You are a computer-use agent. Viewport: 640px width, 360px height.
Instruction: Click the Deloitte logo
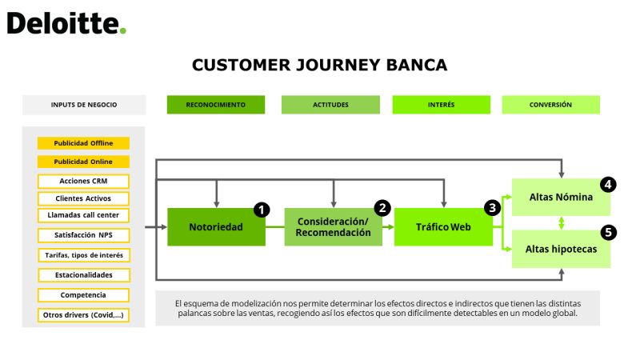(66, 23)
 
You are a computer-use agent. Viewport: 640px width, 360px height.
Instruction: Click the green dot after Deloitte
(123, 30)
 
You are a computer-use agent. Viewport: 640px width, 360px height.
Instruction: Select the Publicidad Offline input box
(83, 143)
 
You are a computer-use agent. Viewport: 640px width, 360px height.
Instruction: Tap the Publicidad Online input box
(83, 162)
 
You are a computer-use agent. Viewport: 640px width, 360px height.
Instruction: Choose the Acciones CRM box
(83, 182)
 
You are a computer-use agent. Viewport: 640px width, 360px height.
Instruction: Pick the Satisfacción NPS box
(83, 235)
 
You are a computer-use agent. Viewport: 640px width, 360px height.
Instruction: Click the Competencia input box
(83, 295)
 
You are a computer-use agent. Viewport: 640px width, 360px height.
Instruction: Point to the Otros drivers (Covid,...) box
(83, 315)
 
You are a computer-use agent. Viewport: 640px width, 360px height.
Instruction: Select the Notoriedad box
(216, 227)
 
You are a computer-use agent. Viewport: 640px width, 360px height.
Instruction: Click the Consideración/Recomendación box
(334, 227)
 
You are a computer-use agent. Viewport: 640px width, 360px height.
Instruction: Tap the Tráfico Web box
(443, 227)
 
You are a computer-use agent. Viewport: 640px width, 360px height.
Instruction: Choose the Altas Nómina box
(562, 197)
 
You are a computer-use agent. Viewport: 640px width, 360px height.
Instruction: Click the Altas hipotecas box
(562, 249)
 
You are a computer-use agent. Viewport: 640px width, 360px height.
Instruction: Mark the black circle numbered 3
(492, 208)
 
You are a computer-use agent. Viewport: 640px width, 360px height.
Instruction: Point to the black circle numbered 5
(609, 233)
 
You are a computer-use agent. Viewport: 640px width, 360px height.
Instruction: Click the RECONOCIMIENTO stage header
(216, 105)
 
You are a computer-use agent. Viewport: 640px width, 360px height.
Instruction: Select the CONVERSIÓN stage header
(551, 105)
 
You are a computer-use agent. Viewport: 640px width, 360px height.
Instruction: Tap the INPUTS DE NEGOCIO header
(84, 105)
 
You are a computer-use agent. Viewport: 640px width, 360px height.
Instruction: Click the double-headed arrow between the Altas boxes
(562, 223)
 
